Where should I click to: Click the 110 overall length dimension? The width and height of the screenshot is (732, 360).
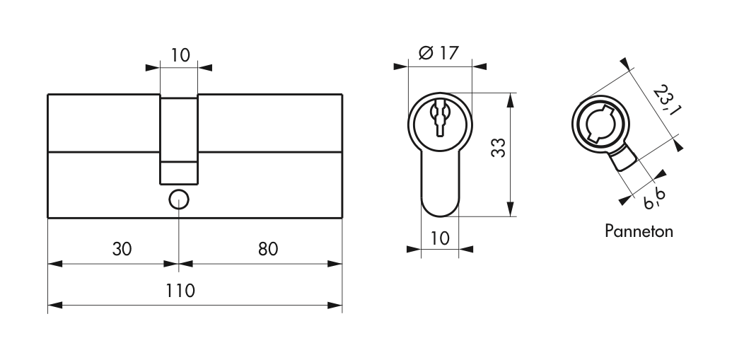coord(182,290)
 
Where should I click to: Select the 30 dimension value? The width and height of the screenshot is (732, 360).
coord(122,249)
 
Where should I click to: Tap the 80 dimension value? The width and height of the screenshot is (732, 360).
coord(267,249)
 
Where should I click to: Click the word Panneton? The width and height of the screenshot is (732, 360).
coord(639,231)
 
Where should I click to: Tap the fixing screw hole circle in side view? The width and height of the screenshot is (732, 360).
coord(179,199)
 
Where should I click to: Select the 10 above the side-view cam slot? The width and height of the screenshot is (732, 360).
coord(181,54)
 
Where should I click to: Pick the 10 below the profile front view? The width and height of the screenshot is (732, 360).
coord(440,238)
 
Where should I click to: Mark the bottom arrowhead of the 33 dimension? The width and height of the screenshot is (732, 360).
coord(509,212)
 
